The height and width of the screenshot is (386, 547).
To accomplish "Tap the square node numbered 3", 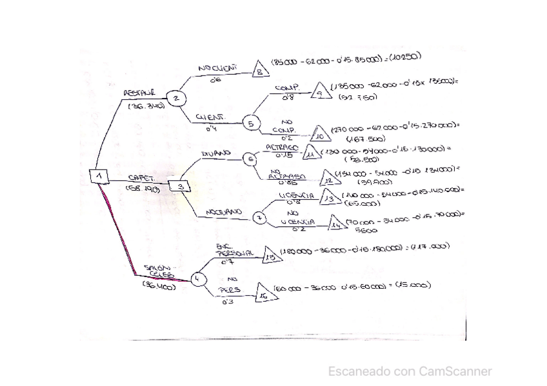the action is (x=181, y=186).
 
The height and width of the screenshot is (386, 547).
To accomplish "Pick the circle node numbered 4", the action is (x=197, y=280).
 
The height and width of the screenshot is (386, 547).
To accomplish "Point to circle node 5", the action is (x=251, y=122).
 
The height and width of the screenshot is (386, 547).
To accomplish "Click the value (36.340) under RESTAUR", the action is (x=146, y=106).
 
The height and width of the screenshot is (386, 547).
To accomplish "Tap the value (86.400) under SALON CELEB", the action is (x=159, y=287).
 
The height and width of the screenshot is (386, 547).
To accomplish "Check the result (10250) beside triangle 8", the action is (x=404, y=57).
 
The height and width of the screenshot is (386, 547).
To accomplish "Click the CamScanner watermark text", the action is (x=410, y=371).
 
